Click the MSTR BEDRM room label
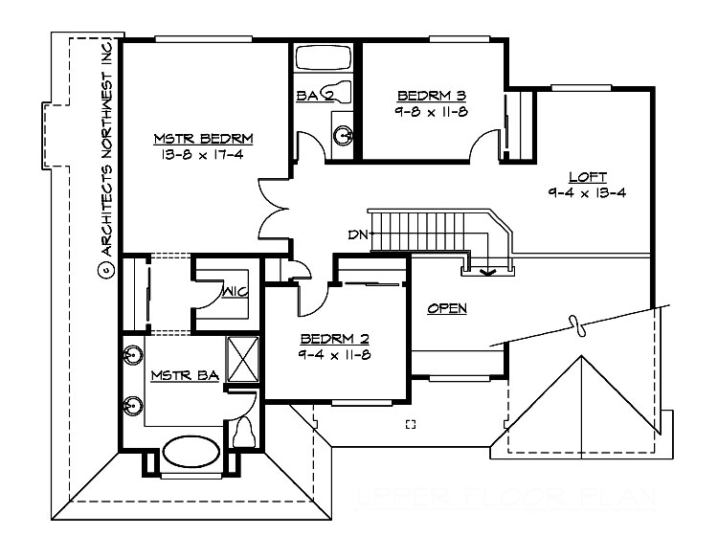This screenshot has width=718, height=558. (x=195, y=141)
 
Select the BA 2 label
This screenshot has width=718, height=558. (x=314, y=95)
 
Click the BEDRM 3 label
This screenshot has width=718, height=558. (x=432, y=96)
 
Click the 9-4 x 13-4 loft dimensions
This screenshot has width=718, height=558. (x=588, y=191)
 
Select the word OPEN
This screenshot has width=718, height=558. (x=447, y=308)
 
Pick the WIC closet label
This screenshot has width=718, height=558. (x=236, y=293)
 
